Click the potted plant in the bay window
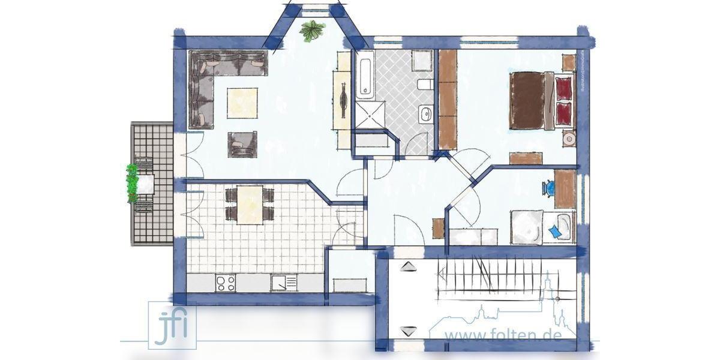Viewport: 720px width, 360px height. (x=313, y=29)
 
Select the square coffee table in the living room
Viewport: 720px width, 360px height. (x=242, y=103)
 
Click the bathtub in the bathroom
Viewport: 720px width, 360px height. (x=364, y=76)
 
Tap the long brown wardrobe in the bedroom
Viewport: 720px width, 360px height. (x=448, y=99)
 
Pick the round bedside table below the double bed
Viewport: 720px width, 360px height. (x=569, y=139)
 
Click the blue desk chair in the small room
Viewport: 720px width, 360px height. (x=550, y=188)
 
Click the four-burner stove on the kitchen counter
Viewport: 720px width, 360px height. (x=226, y=282)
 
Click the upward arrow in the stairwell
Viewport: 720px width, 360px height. (x=409, y=266)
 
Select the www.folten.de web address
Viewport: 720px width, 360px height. (x=503, y=334)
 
